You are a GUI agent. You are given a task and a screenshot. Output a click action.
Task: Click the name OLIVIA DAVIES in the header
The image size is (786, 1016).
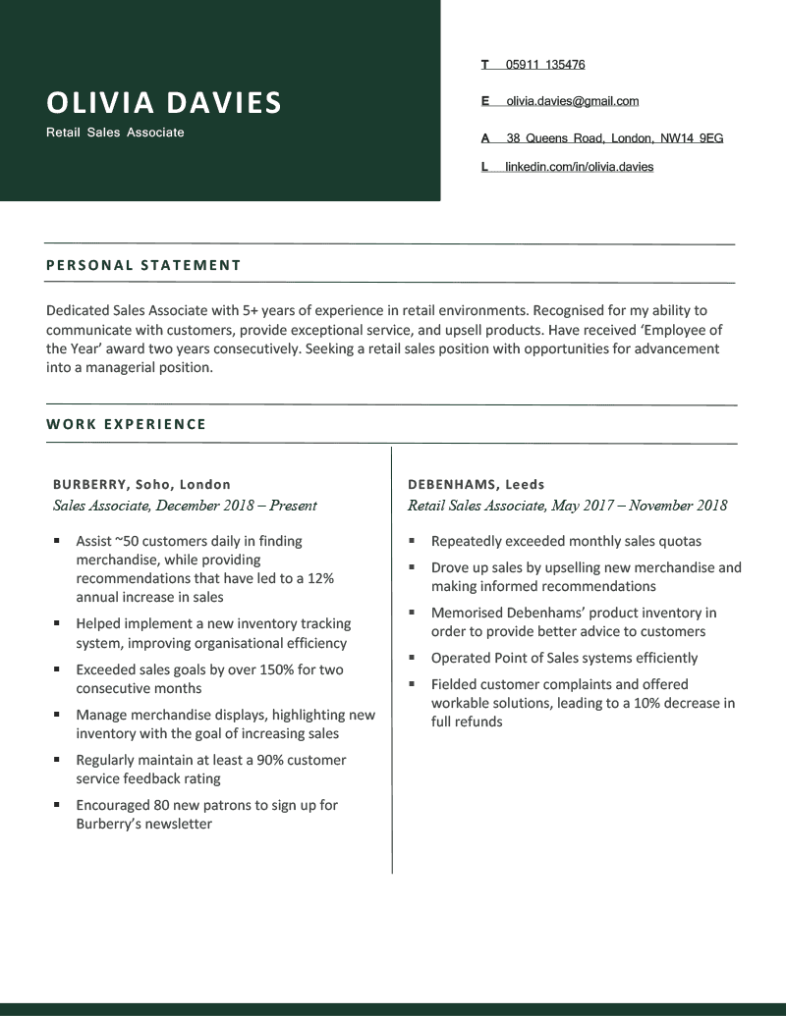point(163,102)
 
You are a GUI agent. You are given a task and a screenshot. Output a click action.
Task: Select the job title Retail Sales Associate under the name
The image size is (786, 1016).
point(115,133)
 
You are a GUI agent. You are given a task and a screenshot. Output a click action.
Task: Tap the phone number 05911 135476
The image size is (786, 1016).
point(545,65)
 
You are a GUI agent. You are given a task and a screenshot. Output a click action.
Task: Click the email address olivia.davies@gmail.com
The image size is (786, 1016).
point(573,101)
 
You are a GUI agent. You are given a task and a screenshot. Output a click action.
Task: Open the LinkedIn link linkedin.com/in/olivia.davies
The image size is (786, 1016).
point(580,167)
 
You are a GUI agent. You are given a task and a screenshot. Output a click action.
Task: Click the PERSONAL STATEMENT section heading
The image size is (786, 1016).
point(143,265)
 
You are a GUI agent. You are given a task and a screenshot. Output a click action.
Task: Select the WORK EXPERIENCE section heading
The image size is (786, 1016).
point(127,425)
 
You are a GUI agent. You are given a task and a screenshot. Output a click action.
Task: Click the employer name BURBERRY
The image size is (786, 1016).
point(90,484)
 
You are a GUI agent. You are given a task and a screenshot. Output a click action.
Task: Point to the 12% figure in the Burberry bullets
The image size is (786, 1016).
point(320,578)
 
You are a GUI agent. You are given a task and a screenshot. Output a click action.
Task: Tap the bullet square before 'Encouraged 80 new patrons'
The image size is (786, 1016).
point(57,805)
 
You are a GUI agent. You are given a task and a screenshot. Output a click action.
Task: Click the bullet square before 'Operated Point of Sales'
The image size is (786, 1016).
point(412,658)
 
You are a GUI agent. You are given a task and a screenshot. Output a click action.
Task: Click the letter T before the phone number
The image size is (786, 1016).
point(484,65)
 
